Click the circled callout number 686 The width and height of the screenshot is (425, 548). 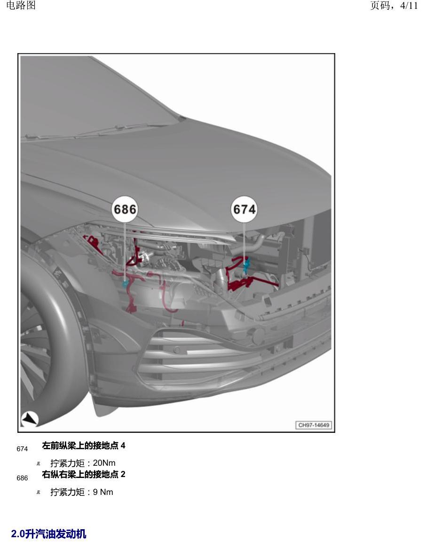(125, 209)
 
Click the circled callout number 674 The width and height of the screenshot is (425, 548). (244, 209)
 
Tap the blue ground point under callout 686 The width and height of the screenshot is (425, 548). (125, 284)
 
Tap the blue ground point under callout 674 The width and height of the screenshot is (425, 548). (246, 265)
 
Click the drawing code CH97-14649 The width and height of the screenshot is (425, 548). (314, 425)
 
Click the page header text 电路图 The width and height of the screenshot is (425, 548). (21, 5)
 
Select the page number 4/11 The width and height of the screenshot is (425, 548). (409, 6)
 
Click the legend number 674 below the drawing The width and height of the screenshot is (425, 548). (22, 449)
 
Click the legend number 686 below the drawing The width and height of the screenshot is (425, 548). (22, 478)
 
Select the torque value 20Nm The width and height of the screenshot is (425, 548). (104, 463)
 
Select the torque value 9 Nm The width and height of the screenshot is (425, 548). (103, 492)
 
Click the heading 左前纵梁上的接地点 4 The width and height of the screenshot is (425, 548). (84, 446)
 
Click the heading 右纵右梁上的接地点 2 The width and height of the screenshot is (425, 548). (84, 474)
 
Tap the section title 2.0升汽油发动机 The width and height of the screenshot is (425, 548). (48, 534)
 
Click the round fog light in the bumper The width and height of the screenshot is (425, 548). (259, 336)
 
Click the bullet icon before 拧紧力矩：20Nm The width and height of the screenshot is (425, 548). (39, 464)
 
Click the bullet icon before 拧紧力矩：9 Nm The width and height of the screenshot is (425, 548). (39, 493)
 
